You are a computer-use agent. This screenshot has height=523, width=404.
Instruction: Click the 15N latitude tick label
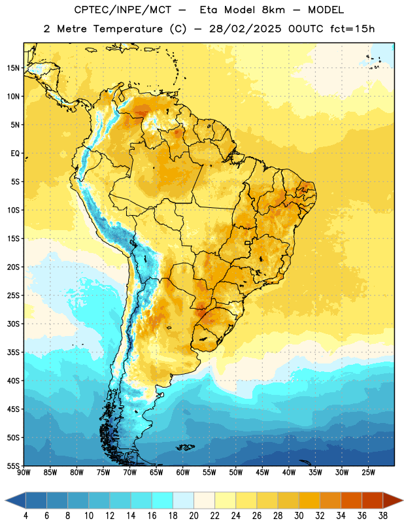pyautogui.click(x=13, y=68)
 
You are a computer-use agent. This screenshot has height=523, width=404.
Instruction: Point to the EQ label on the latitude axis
pyautogui.click(x=15, y=154)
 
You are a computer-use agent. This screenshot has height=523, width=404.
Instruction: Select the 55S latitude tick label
pyautogui.click(x=13, y=465)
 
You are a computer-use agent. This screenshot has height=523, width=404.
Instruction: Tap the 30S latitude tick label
pyautogui.click(x=13, y=324)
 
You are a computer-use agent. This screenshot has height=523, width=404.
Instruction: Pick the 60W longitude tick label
pyautogui.click(x=183, y=472)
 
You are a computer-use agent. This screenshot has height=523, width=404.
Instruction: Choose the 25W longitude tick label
pyautogui.click(x=368, y=472)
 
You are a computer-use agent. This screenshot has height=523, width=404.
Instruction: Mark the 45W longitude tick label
pyautogui.click(x=263, y=472)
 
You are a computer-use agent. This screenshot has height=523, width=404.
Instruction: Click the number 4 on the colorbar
pyautogui.click(x=25, y=516)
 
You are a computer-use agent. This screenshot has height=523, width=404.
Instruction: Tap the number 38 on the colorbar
pyautogui.click(x=383, y=516)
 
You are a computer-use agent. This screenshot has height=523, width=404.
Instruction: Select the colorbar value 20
pyautogui.click(x=194, y=516)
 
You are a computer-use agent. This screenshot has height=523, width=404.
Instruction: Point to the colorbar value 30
pyautogui.click(x=299, y=516)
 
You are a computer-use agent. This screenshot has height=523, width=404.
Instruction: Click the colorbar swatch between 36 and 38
pyautogui.click(x=373, y=500)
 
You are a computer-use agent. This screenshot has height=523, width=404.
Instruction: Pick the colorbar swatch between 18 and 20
pyautogui.click(x=184, y=500)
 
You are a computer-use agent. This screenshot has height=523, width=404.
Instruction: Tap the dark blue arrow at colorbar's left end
pyautogui.click(x=15, y=500)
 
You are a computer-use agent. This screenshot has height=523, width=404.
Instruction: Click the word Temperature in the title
pyautogui.click(x=127, y=29)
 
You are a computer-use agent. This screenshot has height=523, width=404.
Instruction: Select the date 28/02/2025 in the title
pyautogui.click(x=245, y=29)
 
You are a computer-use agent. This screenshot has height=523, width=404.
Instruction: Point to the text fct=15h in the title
pyautogui.click(x=352, y=29)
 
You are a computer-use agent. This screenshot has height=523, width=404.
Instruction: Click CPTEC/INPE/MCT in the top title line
pyautogui.click(x=122, y=10)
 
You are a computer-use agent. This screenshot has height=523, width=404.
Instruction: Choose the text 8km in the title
pyautogui.click(x=273, y=10)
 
